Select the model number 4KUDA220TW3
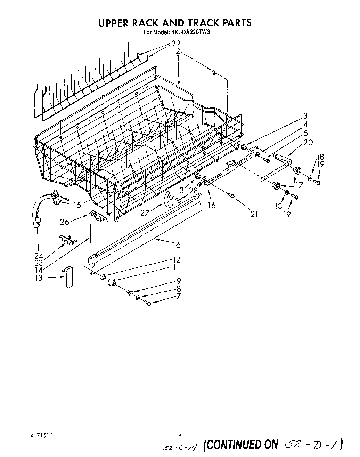point(191,32)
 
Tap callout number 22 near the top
point(176,44)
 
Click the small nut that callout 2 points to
point(214,72)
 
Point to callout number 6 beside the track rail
point(178,245)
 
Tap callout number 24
point(39,256)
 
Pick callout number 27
point(145,213)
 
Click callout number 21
point(254,214)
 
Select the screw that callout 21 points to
point(232,197)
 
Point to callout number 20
point(308,142)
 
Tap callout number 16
point(212,206)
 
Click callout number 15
point(77,205)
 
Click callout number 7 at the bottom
point(178,296)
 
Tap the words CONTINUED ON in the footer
point(241,444)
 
